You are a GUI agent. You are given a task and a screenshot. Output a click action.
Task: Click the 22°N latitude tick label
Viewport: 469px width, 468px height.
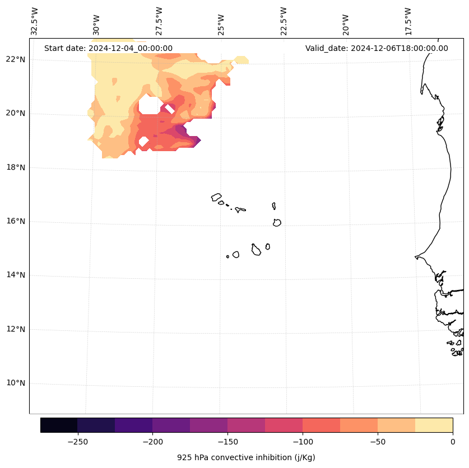(15, 59)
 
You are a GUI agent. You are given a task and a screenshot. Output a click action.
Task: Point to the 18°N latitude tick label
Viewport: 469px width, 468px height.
(15, 167)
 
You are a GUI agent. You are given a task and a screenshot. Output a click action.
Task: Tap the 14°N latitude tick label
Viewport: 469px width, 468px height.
(15, 275)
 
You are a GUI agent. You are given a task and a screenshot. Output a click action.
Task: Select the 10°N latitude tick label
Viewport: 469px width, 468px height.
(15, 383)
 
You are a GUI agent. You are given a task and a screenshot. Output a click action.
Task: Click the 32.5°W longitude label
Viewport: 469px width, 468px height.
(35, 21)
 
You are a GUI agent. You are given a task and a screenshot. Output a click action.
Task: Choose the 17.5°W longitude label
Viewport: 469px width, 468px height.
(407, 21)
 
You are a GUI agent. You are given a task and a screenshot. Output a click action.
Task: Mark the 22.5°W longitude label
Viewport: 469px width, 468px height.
(283, 21)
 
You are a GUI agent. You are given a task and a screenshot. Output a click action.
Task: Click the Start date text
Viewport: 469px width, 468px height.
(108, 48)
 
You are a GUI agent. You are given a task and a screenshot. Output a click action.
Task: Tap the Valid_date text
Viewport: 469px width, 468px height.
(377, 48)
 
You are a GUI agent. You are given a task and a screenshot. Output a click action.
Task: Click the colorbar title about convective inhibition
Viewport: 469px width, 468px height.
(246, 457)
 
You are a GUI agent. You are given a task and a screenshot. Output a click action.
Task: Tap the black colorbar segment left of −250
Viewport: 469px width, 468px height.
(59, 425)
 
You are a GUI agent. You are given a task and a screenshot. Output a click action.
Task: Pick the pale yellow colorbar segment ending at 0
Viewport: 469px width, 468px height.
(434, 425)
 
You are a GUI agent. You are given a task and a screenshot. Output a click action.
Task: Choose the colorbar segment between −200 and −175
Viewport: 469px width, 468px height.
(171, 425)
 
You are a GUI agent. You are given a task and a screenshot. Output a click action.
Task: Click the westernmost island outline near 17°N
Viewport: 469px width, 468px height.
(216, 197)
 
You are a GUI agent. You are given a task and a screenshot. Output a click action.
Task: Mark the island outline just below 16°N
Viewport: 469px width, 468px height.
(277, 223)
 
